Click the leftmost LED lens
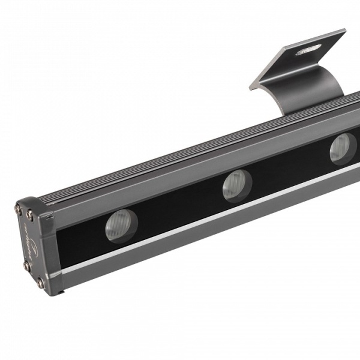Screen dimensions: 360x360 coord(122,226)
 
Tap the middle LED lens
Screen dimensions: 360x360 coord(237,185)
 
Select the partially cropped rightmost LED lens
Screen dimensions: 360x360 coord(343,148)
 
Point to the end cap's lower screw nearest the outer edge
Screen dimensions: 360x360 coord(26,265)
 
